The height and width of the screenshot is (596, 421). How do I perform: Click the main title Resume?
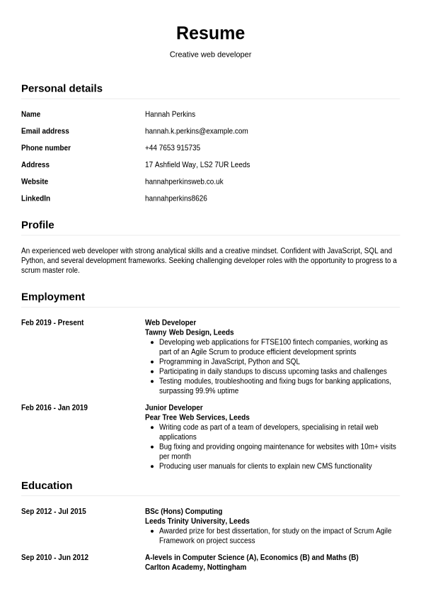(x=210, y=33)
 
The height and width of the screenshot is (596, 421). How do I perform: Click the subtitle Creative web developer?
(x=210, y=55)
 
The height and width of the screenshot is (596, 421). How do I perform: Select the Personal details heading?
(x=62, y=89)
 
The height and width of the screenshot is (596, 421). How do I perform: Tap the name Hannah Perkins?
(x=170, y=114)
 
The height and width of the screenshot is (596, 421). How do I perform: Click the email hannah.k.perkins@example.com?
(x=196, y=131)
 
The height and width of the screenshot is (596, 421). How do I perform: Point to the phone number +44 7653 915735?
(x=172, y=148)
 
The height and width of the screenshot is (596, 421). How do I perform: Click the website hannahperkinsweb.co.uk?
(x=184, y=182)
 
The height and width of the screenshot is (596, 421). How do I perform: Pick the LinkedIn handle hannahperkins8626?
(x=175, y=198)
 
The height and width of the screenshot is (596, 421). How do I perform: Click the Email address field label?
(x=45, y=131)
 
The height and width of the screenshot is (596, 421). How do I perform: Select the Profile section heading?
(x=38, y=225)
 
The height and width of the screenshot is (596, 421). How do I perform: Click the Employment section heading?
(x=53, y=297)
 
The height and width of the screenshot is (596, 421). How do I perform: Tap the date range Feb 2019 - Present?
(x=52, y=323)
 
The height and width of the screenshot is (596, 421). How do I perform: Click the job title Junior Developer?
(x=173, y=408)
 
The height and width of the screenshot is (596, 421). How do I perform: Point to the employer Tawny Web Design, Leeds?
(x=189, y=332)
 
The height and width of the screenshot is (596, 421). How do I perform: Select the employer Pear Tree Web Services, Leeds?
(x=197, y=417)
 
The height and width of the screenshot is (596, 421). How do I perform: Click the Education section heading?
(x=47, y=485)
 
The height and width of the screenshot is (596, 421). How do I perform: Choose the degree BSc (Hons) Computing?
(x=183, y=512)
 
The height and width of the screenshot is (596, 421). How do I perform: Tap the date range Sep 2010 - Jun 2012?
(x=54, y=558)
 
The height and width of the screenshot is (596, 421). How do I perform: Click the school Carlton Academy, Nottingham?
(x=195, y=568)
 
